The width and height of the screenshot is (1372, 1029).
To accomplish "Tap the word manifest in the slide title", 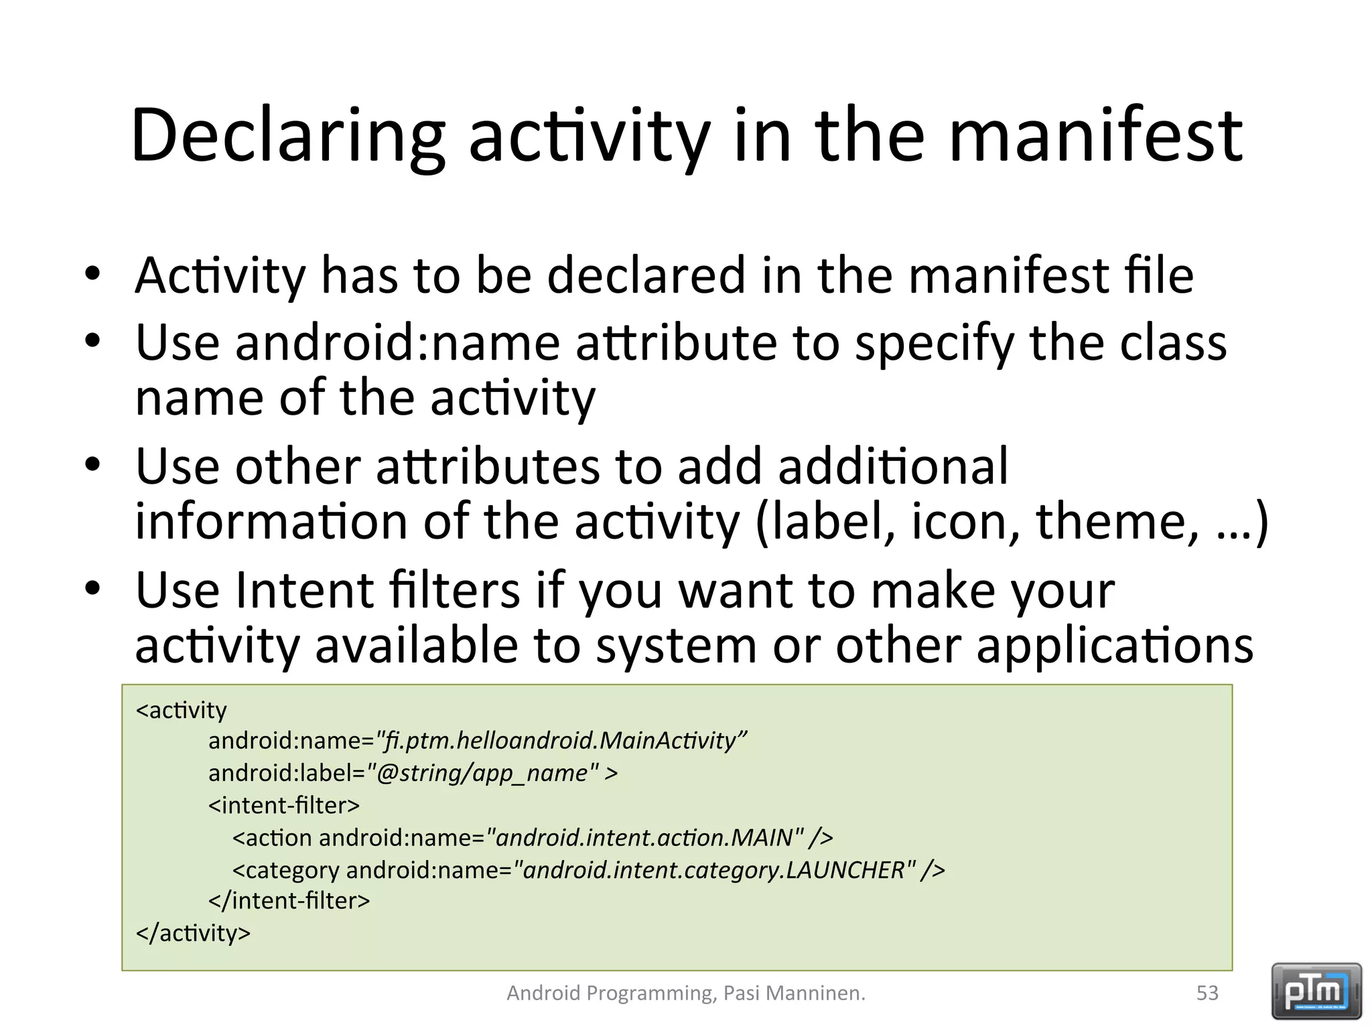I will click(1096, 136).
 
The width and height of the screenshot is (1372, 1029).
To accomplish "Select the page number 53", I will click(1207, 993).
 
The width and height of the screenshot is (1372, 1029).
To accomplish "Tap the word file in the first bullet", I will click(1160, 275).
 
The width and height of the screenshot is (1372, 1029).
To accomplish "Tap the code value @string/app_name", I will click(482, 773).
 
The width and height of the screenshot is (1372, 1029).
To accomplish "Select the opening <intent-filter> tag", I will click(284, 805).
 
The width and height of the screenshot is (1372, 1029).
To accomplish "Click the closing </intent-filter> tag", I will click(289, 901).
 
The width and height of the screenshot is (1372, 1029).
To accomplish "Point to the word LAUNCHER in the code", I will click(845, 870).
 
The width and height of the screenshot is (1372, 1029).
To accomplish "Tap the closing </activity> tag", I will click(193, 933).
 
